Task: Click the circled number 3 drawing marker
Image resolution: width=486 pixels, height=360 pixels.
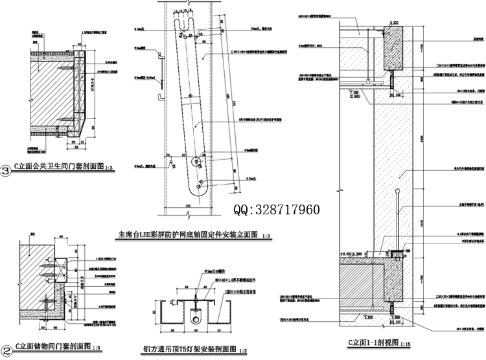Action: [x=6, y=171]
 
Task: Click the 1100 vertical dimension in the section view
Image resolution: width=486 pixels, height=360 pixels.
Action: [x=422, y=223]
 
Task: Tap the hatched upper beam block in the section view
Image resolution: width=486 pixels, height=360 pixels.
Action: [x=393, y=49]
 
